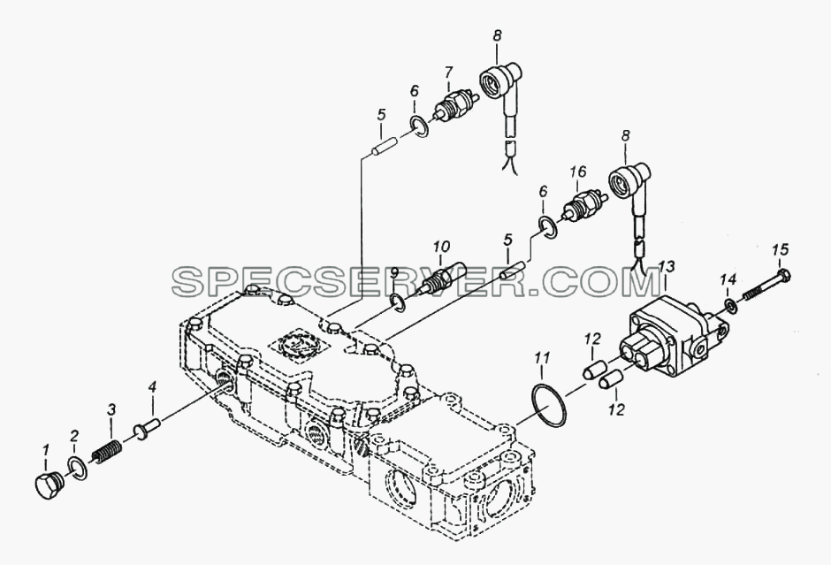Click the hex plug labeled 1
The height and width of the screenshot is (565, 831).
click(x=50, y=485)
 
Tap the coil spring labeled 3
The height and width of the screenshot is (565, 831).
click(x=107, y=452)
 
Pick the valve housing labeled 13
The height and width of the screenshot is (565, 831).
click(x=672, y=342)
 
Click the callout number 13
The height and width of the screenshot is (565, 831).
click(x=667, y=267)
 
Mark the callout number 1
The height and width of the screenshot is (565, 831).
click(x=46, y=450)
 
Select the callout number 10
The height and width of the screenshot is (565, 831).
click(x=441, y=247)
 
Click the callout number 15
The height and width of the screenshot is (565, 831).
click(x=780, y=249)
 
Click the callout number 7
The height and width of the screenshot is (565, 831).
click(x=448, y=71)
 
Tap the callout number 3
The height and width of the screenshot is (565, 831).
click(x=111, y=408)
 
